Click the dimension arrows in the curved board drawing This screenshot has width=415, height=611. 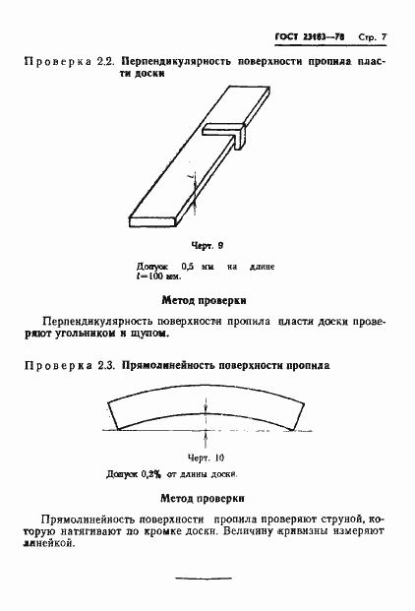coord(206,420)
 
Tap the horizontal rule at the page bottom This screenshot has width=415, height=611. coord(203,581)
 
